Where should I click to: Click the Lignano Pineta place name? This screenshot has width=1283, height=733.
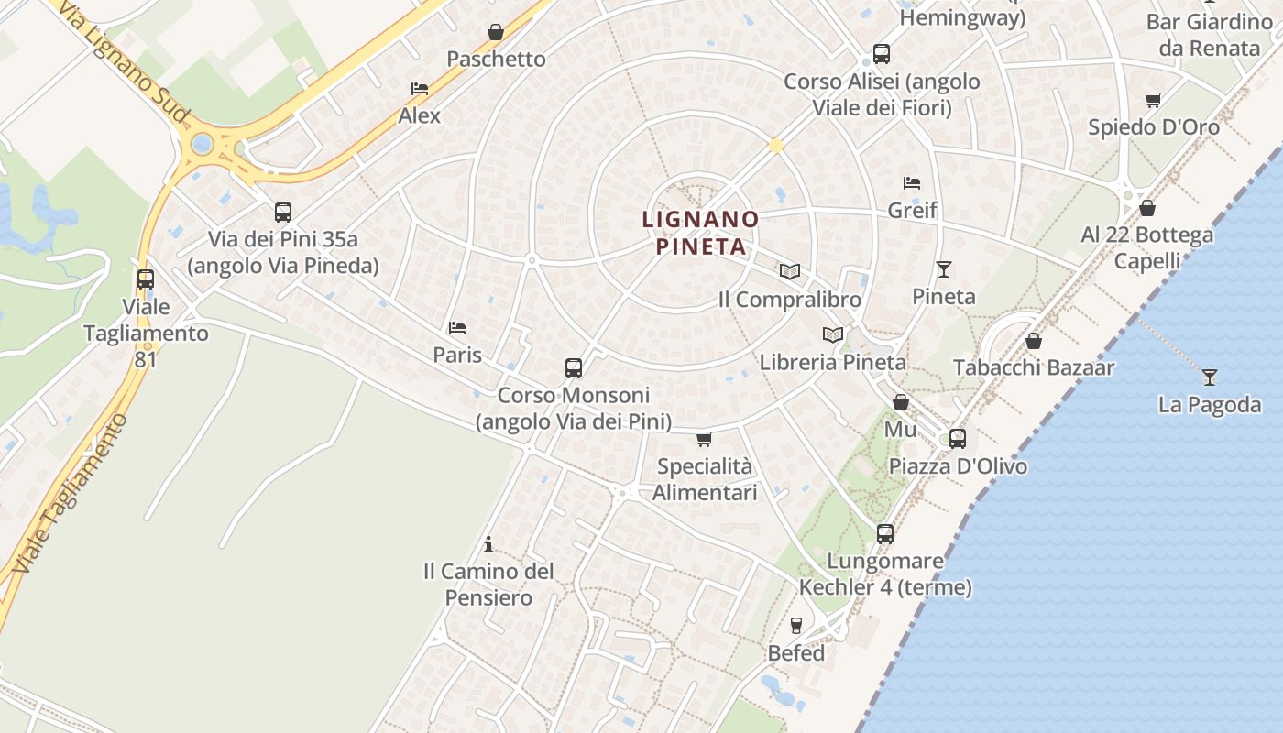700,234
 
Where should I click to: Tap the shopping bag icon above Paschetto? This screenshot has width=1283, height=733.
496,32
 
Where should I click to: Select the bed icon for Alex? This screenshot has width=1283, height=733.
420,89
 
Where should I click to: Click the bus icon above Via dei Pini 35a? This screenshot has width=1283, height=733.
283,213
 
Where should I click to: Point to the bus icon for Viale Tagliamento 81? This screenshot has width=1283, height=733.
146,279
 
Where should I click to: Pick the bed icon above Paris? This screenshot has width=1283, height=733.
457,328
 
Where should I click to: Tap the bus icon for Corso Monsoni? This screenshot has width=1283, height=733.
574,368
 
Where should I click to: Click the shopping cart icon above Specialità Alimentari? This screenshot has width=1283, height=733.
704,439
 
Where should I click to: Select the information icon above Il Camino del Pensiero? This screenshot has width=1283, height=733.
488,544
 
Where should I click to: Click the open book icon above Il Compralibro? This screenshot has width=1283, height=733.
789,272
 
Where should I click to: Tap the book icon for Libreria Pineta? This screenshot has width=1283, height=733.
832,335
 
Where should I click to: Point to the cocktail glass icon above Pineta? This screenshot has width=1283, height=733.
944,269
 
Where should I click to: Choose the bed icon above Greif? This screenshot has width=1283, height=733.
912,183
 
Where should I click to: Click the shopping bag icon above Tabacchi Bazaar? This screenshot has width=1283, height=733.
1034,341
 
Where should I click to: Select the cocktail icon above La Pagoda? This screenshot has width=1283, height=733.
1210,377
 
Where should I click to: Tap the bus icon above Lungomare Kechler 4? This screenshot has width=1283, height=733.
884,533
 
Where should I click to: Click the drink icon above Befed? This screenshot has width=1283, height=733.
796,626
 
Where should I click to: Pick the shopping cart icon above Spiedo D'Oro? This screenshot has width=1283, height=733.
1154,100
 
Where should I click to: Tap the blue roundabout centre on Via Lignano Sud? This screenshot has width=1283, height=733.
203,144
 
